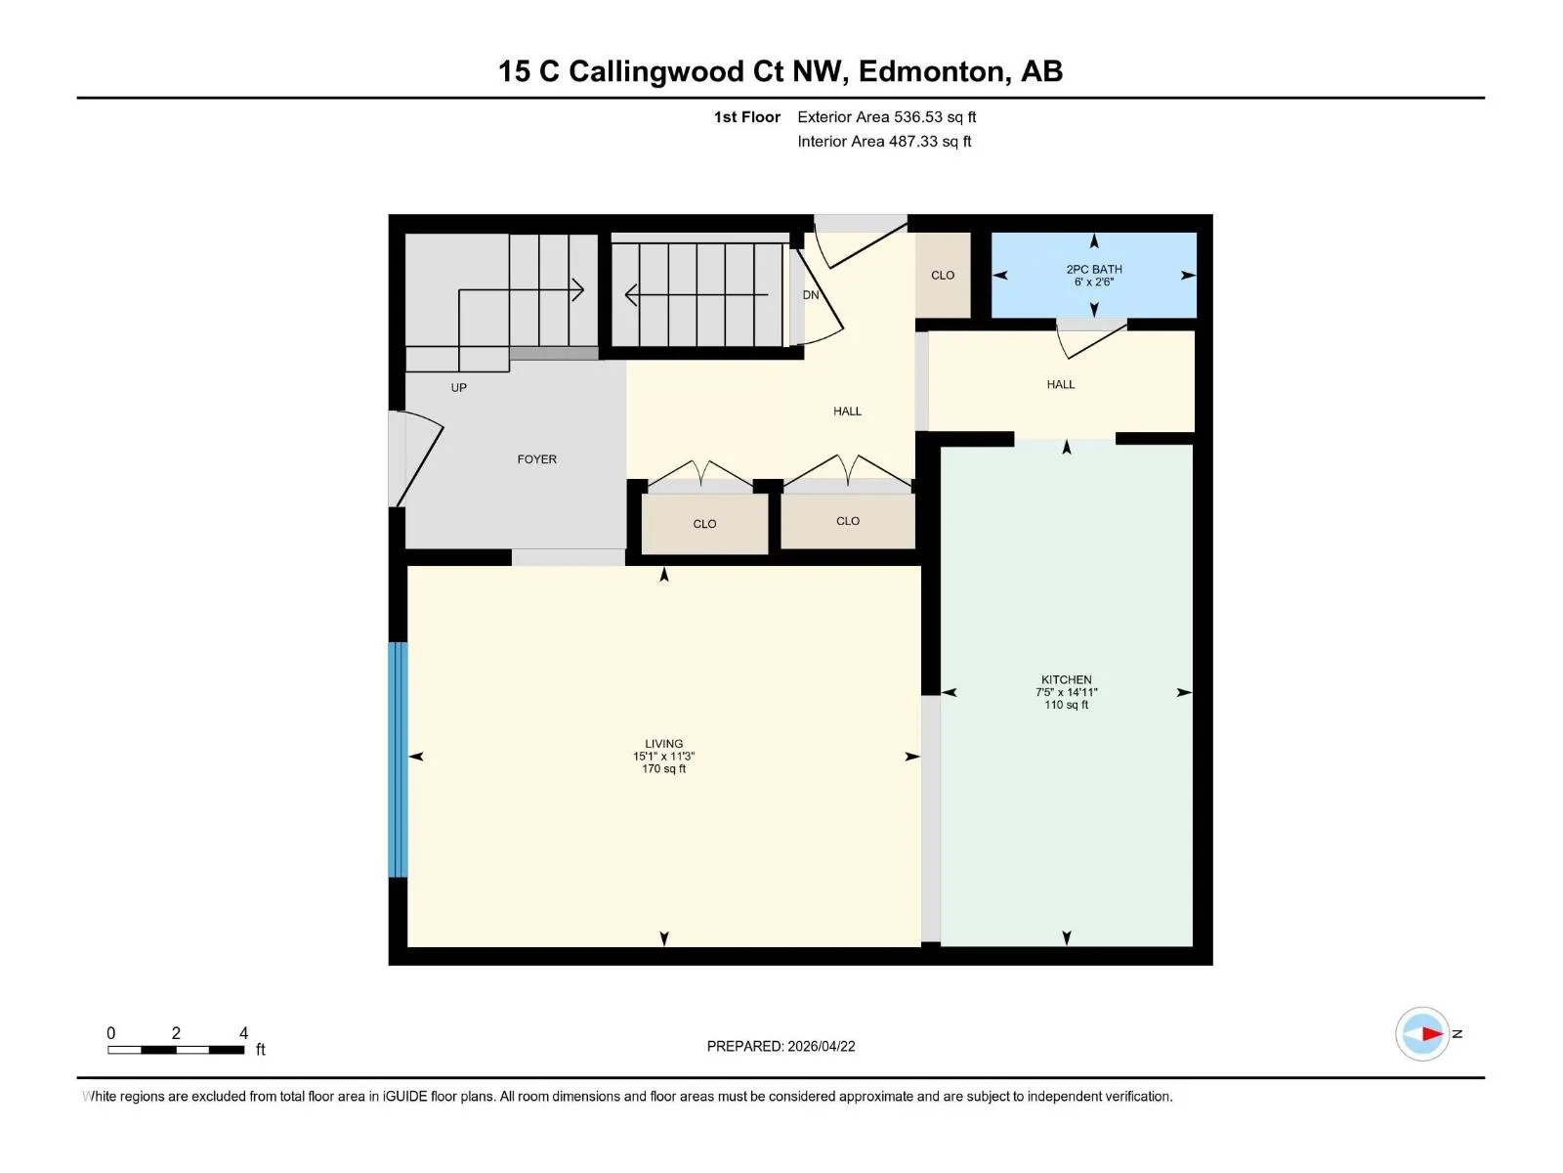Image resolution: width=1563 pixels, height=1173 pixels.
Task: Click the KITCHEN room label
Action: [x=1066, y=679]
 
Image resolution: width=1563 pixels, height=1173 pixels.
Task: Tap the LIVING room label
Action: [x=663, y=744]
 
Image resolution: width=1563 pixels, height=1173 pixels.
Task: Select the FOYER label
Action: [x=537, y=459]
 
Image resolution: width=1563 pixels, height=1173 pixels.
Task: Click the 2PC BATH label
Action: [x=1094, y=269]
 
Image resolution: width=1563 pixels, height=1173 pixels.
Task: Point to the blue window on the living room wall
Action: [x=398, y=760]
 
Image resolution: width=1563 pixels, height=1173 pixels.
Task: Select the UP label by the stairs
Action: [x=458, y=388]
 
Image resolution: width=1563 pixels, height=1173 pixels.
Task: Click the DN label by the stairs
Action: [x=811, y=295]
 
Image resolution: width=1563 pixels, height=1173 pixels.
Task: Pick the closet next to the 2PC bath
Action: [x=943, y=275]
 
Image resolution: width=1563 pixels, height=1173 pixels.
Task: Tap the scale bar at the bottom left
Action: [x=176, y=1050]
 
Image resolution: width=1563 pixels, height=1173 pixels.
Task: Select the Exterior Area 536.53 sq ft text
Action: [x=887, y=116]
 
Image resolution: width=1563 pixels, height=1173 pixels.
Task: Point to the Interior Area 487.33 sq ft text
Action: [x=884, y=141]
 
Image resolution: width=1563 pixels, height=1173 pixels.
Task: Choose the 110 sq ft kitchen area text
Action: [x=1066, y=705]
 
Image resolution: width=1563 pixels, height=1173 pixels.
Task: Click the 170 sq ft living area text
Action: [x=663, y=769]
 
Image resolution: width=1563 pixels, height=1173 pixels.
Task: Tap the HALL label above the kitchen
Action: [x=1060, y=384]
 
